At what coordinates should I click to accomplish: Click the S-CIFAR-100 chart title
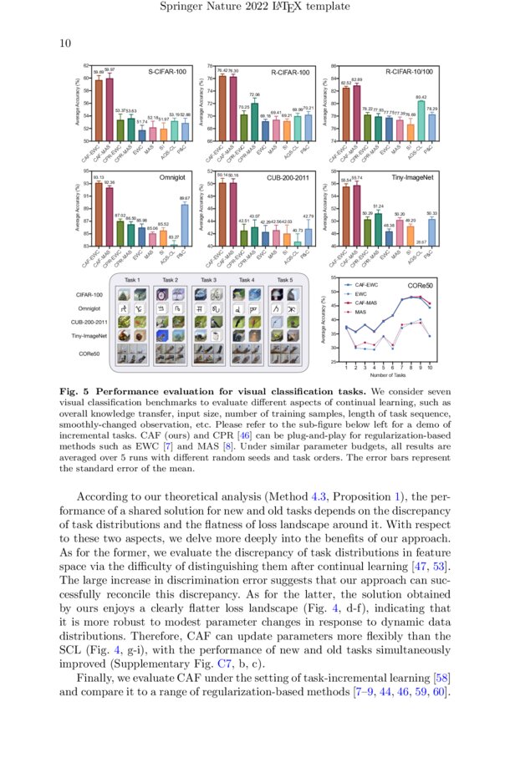167,73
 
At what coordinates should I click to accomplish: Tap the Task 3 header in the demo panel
208,280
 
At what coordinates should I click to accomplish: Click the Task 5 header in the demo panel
285,280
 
